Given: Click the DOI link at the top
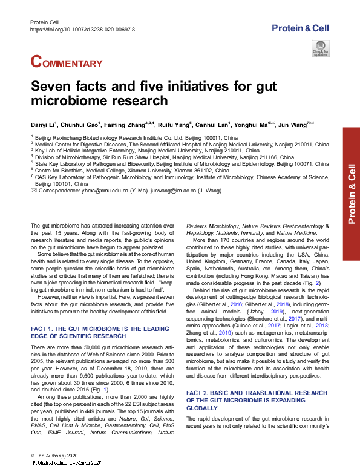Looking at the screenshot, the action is (x=82, y=28).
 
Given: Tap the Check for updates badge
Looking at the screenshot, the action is (x=320, y=48).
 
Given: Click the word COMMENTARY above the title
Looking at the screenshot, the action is (x=67, y=62).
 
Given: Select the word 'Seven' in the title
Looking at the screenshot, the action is (x=54, y=87).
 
